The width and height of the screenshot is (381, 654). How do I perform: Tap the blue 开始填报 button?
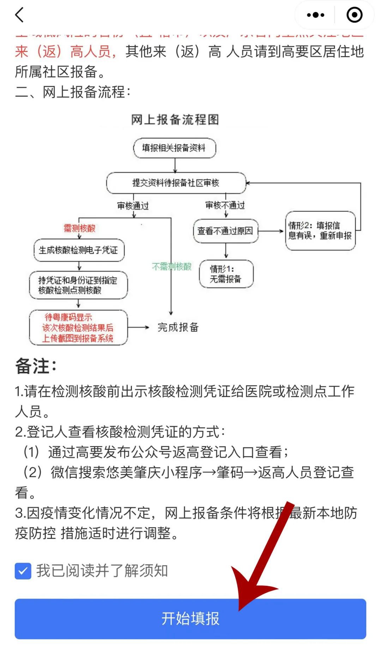190,619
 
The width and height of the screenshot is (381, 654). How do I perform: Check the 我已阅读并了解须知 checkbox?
23,571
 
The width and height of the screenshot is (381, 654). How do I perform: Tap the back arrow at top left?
20,15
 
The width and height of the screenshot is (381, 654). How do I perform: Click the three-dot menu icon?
315,15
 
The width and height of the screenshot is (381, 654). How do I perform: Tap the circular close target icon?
354,15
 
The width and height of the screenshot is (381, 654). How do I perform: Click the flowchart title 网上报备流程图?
175,120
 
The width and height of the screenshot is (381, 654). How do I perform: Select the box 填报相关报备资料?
174,148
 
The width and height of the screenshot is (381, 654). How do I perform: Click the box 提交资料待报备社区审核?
176,183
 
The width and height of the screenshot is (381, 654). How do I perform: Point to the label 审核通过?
133,206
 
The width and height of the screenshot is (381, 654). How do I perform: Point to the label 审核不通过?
225,205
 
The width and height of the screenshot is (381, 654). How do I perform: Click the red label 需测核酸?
79,228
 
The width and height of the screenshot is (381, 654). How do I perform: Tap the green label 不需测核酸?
171,266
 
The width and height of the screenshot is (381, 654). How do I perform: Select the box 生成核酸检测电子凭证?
79,250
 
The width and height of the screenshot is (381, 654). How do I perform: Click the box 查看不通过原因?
225,231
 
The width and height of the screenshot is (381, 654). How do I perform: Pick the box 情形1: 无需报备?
226,274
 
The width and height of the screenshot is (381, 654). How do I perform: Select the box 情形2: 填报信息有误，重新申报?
320,231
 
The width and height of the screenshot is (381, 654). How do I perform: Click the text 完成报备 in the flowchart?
178,327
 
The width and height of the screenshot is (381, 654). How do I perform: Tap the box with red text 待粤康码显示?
78,328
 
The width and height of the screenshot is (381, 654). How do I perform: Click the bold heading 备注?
36,366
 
